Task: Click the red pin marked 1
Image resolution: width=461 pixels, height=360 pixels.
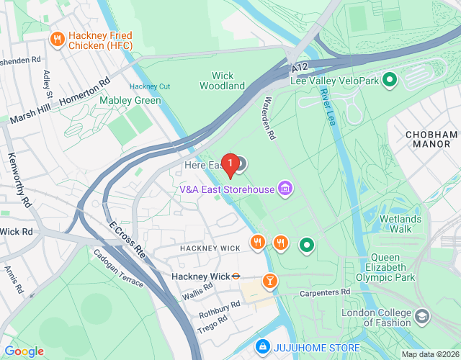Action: [x=230, y=165]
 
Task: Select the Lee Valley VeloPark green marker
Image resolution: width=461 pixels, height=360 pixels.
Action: [x=390, y=80]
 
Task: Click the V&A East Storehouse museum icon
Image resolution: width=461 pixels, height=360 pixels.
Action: [x=286, y=189]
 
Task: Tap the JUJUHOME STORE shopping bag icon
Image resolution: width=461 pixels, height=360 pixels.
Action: [x=263, y=348]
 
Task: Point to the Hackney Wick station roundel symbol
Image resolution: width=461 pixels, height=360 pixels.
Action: [x=235, y=276]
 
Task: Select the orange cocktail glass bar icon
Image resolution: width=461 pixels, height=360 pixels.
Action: [x=269, y=280]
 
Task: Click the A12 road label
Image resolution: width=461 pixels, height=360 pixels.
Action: [x=301, y=67]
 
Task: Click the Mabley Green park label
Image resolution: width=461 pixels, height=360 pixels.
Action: [x=130, y=100]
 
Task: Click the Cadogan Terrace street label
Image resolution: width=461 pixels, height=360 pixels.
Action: [x=118, y=268]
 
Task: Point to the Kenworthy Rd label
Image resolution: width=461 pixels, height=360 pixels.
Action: [x=21, y=177]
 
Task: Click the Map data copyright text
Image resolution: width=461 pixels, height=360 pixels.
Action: [x=429, y=354]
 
